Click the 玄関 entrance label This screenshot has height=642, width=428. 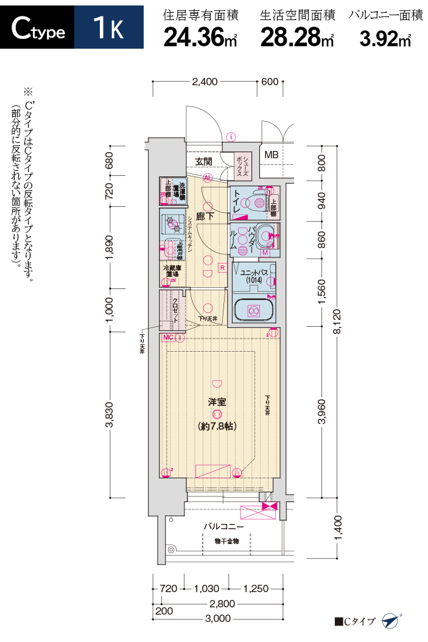203,161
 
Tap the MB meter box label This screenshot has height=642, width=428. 271,155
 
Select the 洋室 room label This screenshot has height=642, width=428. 217,402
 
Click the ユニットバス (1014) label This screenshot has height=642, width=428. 250,276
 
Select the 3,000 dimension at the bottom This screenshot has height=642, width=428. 218,618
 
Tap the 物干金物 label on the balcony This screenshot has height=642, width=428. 227,540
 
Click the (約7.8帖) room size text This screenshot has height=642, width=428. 217,426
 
